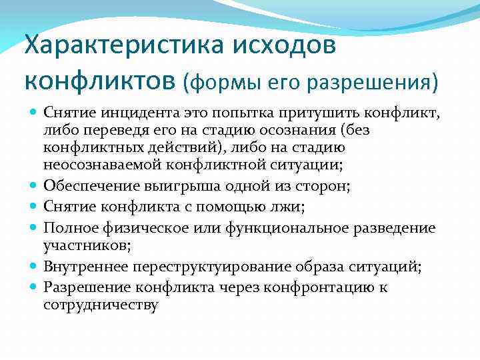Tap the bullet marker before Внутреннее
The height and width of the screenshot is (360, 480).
33,267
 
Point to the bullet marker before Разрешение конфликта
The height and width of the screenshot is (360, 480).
33,288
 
